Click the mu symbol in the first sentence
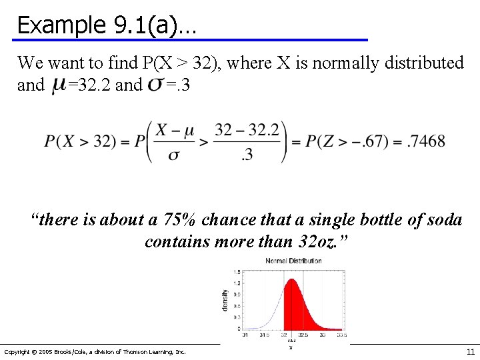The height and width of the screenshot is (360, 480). click(x=58, y=85)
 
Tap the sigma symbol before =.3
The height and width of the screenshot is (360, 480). click(x=155, y=85)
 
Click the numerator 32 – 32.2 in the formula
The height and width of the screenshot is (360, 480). click(x=247, y=129)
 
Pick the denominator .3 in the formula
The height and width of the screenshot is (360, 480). click(x=247, y=155)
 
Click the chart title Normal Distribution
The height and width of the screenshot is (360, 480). click(x=293, y=261)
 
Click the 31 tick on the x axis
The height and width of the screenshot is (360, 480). click(x=245, y=335)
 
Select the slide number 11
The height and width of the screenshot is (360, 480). click(x=470, y=351)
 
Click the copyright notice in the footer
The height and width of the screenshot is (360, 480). click(x=95, y=351)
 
